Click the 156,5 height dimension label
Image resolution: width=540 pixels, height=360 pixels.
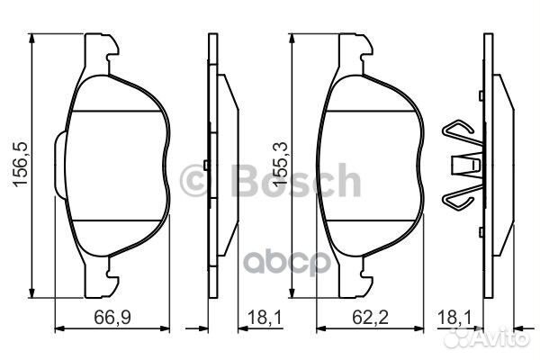[20, 165]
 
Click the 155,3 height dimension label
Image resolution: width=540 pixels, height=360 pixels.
[280, 165]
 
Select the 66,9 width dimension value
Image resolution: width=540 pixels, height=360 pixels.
[112, 317]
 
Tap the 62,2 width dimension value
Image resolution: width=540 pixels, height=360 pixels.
[370, 317]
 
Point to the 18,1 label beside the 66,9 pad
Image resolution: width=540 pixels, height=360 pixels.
[265, 317]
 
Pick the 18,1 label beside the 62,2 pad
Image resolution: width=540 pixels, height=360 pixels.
[454, 317]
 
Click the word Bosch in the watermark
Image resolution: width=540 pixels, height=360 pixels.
[297, 180]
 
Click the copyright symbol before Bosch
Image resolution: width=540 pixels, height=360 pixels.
[193, 180]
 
